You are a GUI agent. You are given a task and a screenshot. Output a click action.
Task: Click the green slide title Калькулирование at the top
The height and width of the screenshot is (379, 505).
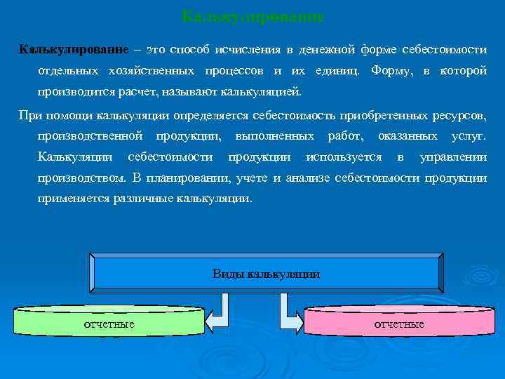252,15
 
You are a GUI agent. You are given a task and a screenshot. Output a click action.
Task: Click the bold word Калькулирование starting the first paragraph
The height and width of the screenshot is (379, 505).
74,50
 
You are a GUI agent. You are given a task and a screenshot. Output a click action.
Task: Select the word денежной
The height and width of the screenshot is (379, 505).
327,50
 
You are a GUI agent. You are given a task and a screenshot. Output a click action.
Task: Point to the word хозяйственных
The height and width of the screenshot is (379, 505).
152,71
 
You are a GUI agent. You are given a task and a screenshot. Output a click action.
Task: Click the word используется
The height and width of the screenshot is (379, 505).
344,157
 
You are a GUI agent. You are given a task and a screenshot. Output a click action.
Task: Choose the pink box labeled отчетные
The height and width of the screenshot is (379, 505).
398,323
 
